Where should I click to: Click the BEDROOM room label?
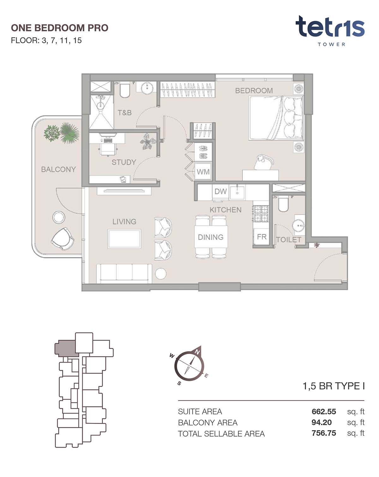click(254, 91)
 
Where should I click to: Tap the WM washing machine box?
click(203, 172)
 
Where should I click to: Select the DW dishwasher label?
click(221, 191)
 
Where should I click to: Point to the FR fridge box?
click(262, 237)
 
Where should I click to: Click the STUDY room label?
click(124, 162)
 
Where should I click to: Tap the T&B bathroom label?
click(124, 113)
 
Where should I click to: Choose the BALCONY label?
click(58, 169)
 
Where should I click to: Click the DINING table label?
click(211, 237)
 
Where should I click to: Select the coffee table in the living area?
click(124, 239)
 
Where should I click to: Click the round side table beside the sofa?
click(160, 274)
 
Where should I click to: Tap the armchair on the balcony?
click(63, 239)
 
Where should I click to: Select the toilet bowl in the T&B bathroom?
click(124, 90)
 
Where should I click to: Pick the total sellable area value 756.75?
click(324, 433)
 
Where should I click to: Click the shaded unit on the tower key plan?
click(66, 348)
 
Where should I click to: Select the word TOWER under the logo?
click(331, 44)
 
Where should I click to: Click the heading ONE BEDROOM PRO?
click(60, 28)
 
